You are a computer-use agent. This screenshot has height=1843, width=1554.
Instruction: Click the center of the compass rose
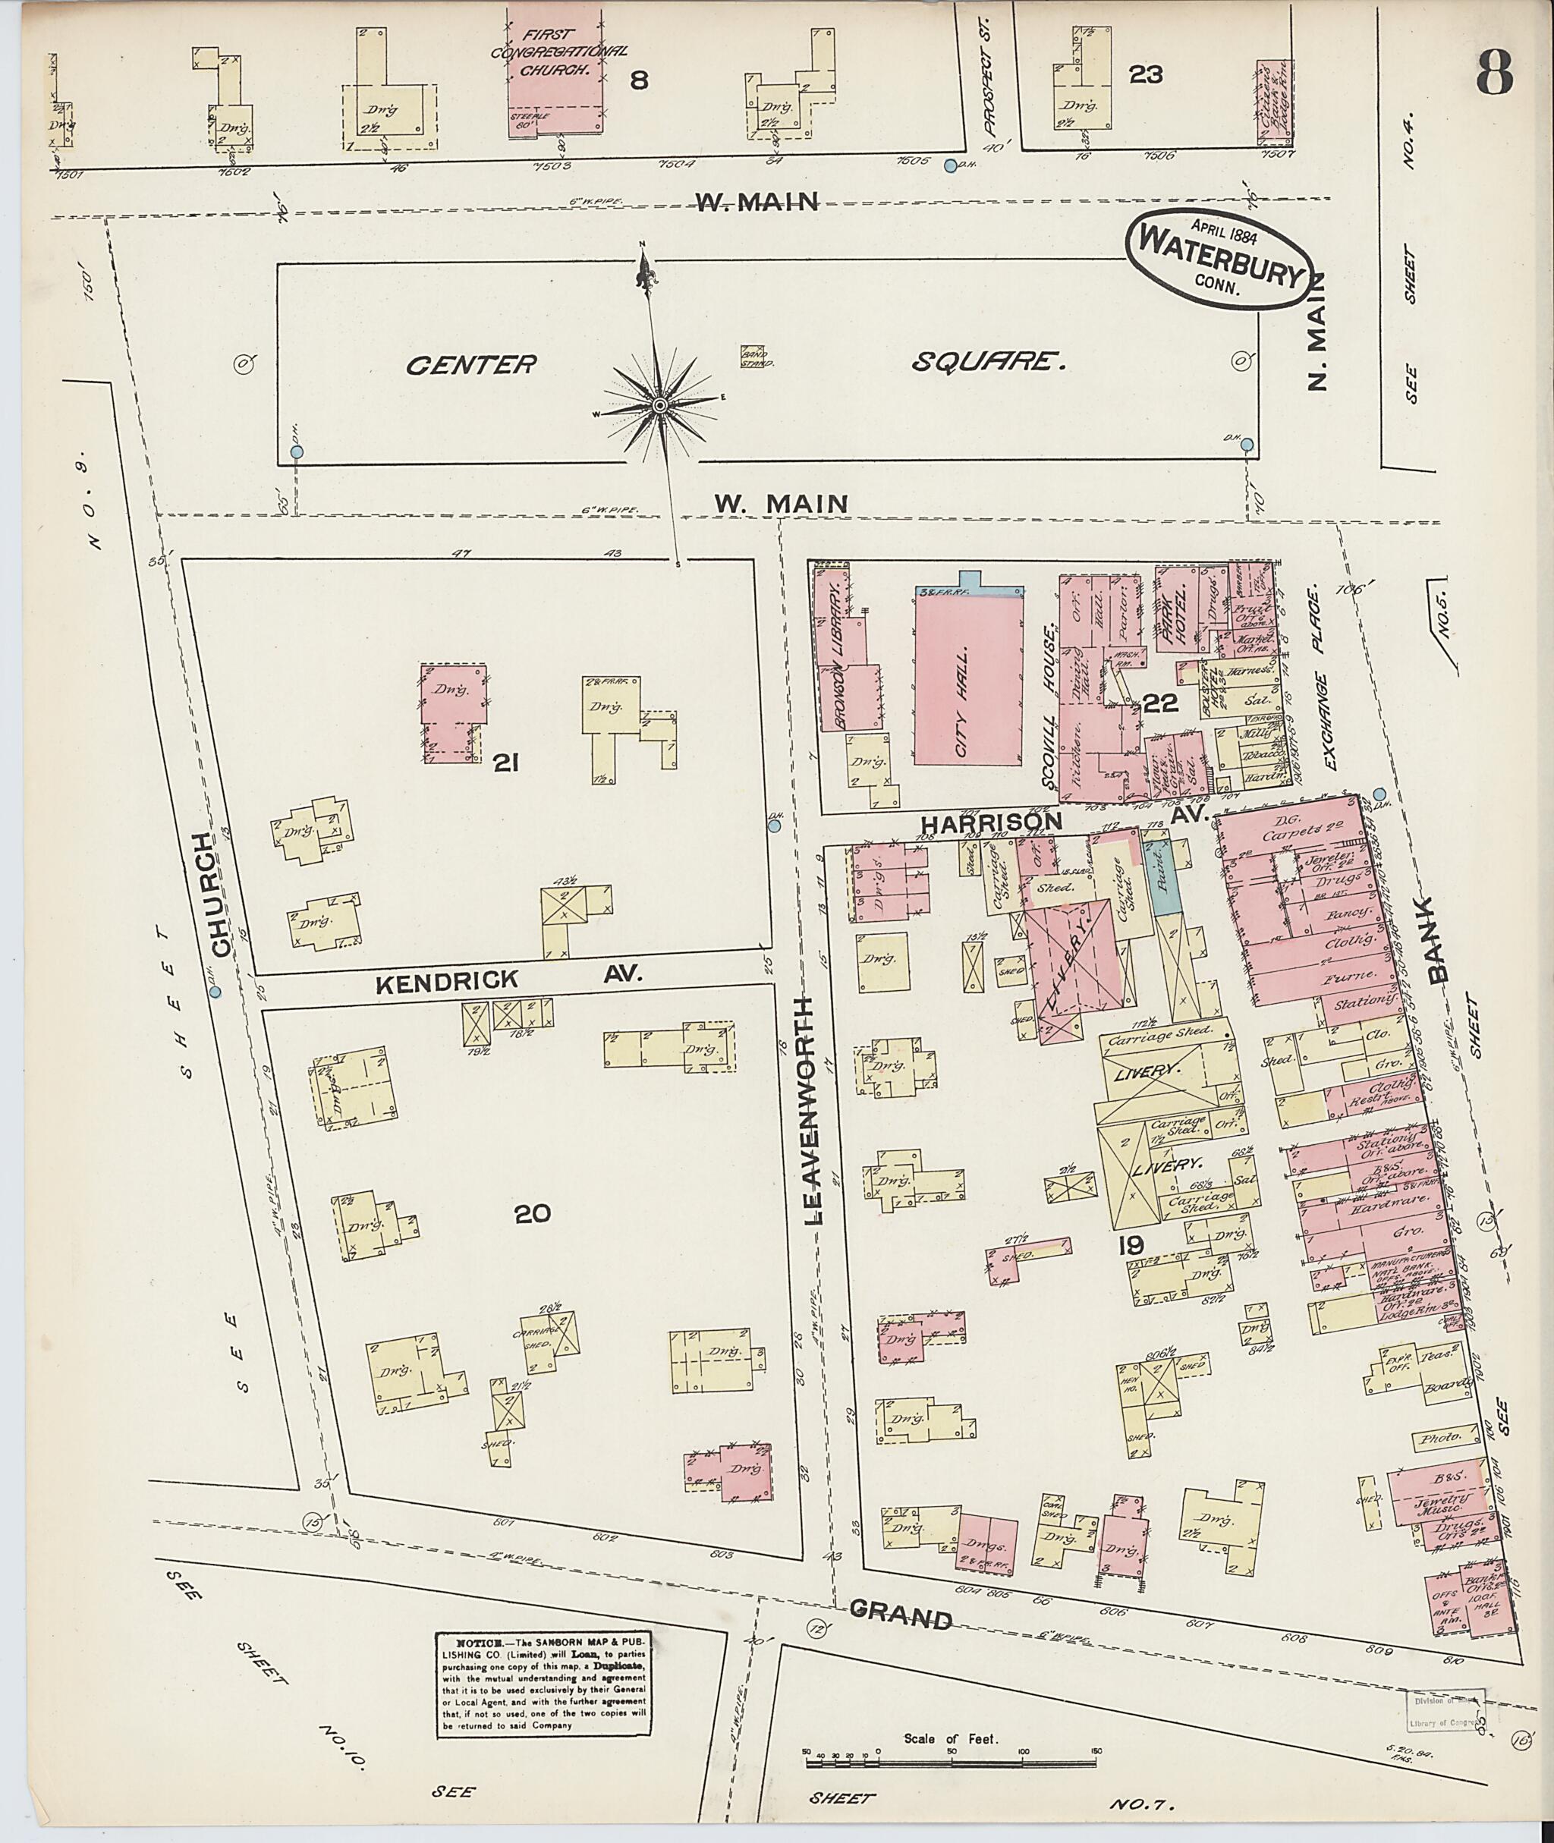(660, 404)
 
